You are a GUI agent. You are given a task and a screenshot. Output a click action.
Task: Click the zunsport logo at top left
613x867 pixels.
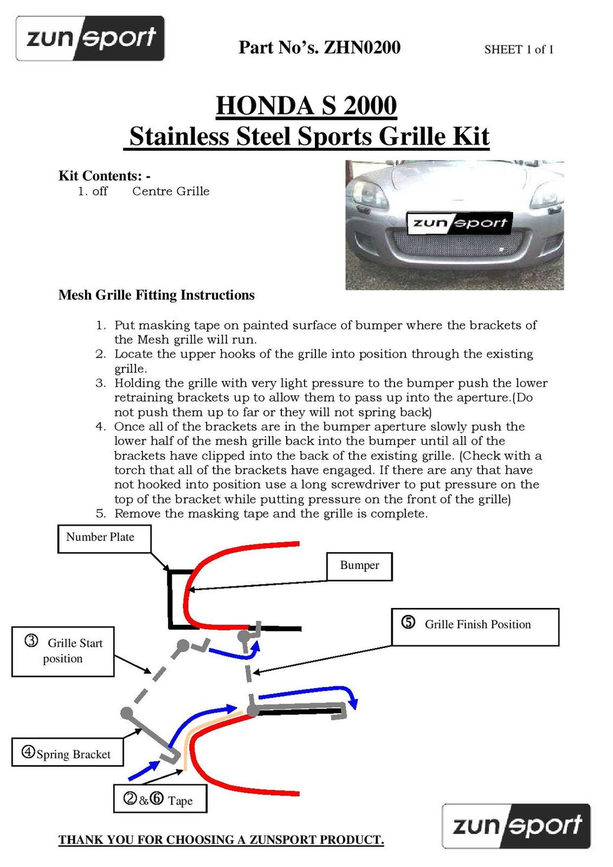pos(90,39)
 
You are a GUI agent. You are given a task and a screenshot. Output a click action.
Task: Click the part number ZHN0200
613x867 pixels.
pos(362,48)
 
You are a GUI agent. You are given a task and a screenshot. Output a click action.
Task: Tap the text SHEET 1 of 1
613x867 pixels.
pos(518,50)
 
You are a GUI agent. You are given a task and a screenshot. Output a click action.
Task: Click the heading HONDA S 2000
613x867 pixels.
pos(306,106)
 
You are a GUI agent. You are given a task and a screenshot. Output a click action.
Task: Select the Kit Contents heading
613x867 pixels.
pos(104,176)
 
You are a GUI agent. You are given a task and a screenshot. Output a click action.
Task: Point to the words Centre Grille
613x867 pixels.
pos(171,191)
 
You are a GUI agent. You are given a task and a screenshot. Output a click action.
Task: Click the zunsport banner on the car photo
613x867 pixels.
pos(459,223)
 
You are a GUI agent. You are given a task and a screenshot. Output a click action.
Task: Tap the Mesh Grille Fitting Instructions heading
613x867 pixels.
pos(156,295)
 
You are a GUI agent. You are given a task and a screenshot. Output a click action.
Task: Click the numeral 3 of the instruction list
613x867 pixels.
pos(100,383)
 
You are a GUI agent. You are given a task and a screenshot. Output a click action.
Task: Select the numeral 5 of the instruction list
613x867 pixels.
pos(100,513)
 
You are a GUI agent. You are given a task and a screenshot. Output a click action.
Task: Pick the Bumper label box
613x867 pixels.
pos(359,566)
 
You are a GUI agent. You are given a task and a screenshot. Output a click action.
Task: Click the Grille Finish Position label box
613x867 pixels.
pos(475,626)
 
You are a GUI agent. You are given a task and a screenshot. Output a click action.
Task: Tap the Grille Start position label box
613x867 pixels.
pos(63,651)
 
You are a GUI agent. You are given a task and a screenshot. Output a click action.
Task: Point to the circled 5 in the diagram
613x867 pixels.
pos(408,623)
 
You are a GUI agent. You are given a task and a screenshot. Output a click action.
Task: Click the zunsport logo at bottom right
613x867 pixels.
pos(516,826)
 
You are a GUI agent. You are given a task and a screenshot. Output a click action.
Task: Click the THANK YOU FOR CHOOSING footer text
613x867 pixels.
pos(221,840)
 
